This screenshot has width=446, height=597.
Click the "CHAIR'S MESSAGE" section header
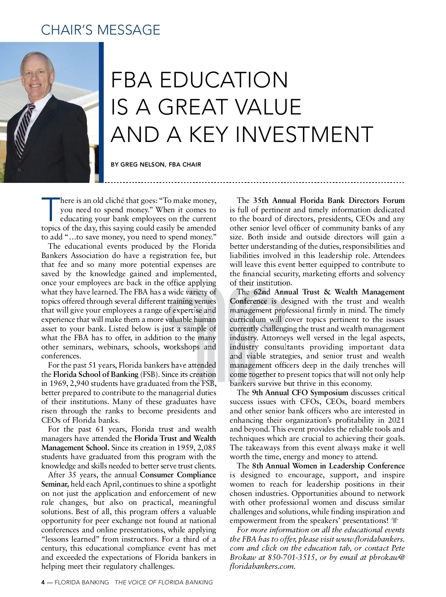(100, 30)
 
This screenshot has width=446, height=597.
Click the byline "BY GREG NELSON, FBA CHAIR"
(156, 164)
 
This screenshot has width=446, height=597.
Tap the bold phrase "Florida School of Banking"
(96, 374)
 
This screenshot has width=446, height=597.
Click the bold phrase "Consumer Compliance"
(178, 475)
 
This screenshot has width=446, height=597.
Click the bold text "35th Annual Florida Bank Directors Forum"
(329, 200)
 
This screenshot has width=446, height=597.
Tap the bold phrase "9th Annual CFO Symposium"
(300, 393)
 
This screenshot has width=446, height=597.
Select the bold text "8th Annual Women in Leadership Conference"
(328, 466)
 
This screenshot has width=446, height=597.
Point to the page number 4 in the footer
(43, 582)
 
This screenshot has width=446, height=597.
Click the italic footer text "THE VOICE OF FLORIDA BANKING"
(164, 582)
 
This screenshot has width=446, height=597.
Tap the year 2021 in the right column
(396, 420)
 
